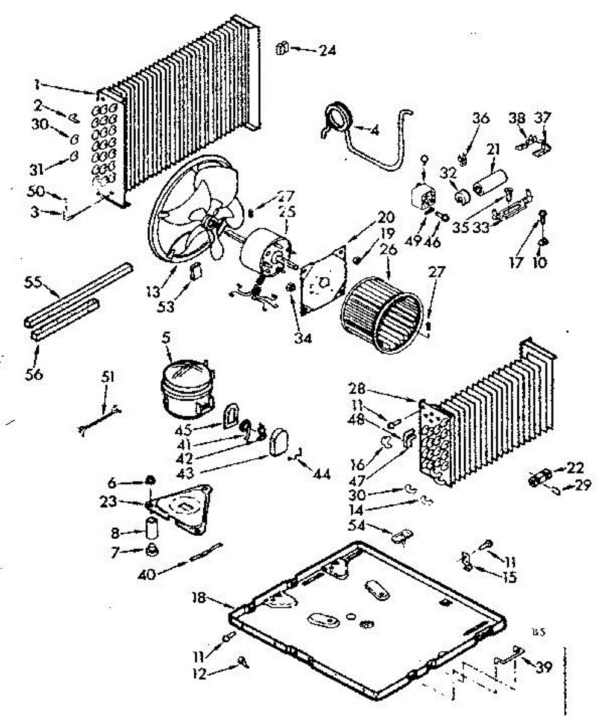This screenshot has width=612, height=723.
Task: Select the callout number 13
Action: click(x=154, y=292)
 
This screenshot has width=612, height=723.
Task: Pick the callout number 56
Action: click(x=34, y=374)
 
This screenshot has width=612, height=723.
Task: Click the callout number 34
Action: click(x=303, y=339)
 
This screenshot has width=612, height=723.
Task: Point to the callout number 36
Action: click(x=481, y=118)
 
